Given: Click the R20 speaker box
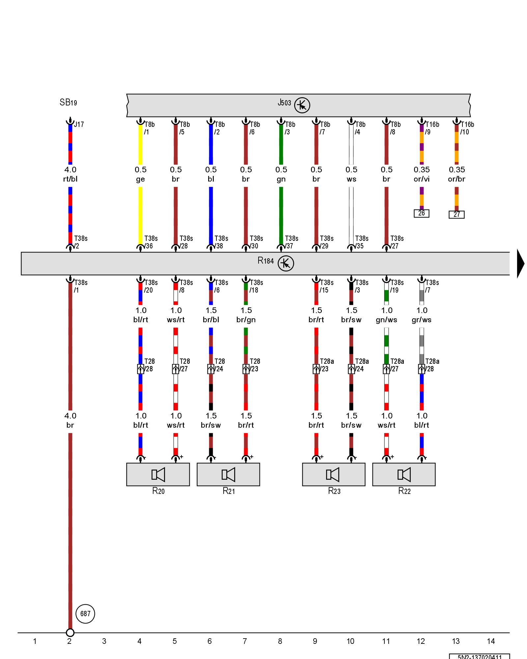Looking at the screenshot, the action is (158, 474).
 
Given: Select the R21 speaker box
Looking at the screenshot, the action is (228, 474).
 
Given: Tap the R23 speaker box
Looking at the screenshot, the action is (334, 474).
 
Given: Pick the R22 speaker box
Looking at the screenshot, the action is (404, 474).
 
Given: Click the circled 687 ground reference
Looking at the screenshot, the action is (85, 614).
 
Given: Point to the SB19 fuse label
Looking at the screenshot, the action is (68, 102).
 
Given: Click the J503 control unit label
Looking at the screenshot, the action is (284, 103).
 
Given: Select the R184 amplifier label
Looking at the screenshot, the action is (265, 261).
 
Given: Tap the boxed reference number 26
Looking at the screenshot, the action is (422, 213).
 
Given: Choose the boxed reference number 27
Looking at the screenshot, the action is (457, 215).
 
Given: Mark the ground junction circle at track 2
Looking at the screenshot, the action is (70, 633).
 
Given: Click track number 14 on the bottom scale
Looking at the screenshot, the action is (491, 641).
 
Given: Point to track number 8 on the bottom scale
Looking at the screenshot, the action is (280, 641).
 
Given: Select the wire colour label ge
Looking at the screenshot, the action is (140, 179).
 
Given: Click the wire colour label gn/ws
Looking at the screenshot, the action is (386, 320).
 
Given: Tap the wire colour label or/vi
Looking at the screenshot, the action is (422, 179).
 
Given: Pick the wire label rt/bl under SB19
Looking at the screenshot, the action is (70, 179).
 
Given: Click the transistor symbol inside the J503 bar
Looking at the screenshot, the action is (302, 105).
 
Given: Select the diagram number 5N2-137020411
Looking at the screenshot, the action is (480, 656).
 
